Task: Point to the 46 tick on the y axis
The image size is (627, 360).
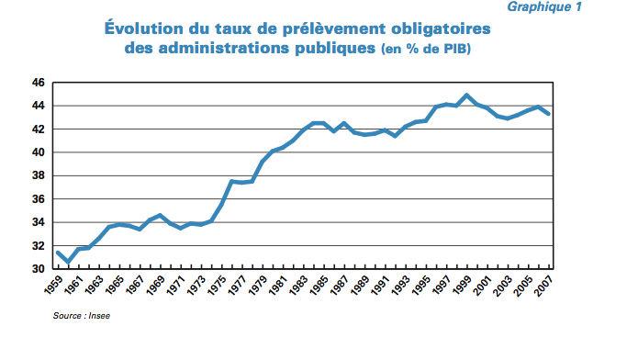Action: click(39, 83)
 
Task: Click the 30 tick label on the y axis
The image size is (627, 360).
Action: click(39, 269)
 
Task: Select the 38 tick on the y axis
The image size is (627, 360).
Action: click(39, 175)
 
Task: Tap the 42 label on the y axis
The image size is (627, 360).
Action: click(39, 129)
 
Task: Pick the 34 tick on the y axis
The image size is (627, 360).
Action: click(39, 222)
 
